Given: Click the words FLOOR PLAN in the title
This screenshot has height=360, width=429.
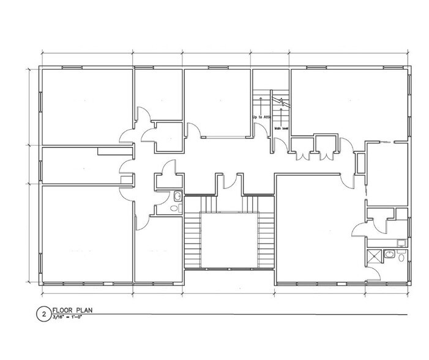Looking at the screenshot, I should tap(72, 310).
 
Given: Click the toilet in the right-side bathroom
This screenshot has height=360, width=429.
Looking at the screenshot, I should tap(401, 258).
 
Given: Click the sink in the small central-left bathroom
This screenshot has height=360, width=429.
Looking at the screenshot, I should tap(177, 197).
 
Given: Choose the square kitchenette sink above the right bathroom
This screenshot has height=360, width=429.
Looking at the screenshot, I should tap(400, 243).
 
